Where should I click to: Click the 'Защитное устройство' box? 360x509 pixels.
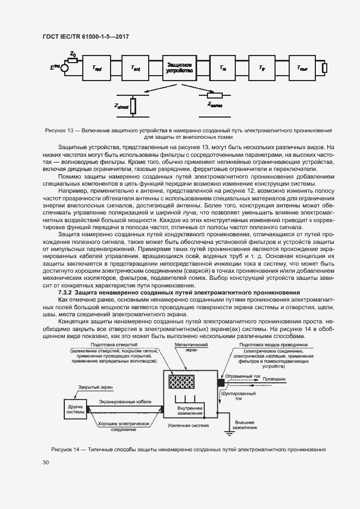click(179, 68)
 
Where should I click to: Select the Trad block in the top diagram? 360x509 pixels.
click(97, 68)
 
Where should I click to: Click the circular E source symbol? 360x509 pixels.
click(64, 68)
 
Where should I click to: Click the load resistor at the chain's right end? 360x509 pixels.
click(324, 68)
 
